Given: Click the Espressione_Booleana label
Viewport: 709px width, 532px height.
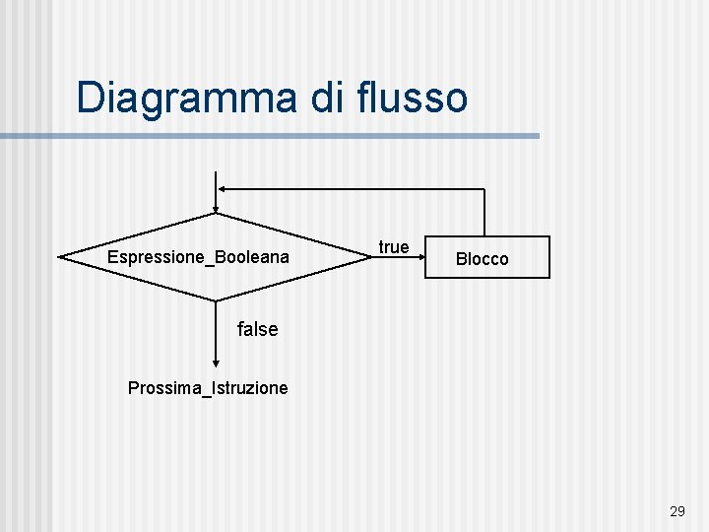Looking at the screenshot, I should tap(198, 257).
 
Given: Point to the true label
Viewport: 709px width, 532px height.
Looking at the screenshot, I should tap(393, 246).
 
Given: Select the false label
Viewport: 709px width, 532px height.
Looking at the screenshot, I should tap(258, 329).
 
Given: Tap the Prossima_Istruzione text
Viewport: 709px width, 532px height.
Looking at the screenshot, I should tap(208, 388).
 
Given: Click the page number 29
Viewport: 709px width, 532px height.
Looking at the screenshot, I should tap(677, 511).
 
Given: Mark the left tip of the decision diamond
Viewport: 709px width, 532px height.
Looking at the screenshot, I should tap(60, 257).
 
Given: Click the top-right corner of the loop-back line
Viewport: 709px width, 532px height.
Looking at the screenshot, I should tap(484, 189).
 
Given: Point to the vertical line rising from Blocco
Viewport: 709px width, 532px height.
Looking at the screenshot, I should tap(484, 213).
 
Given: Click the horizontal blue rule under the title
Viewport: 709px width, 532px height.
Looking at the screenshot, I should tap(295, 136).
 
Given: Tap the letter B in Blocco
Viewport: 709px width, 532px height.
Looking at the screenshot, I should tap(461, 259).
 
